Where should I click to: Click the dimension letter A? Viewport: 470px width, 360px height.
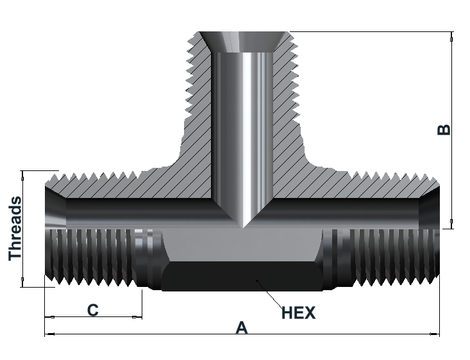click(x=242, y=327)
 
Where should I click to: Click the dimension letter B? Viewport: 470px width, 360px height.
click(x=444, y=129)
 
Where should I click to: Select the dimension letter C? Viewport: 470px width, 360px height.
click(x=92, y=310)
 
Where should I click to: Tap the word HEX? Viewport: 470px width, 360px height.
click(x=299, y=313)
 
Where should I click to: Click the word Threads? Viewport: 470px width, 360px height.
click(x=15, y=229)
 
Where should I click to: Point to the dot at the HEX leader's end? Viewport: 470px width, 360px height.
click(x=257, y=281)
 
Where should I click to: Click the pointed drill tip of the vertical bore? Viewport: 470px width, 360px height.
click(x=243, y=227)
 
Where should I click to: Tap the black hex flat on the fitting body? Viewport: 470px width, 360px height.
click(x=242, y=276)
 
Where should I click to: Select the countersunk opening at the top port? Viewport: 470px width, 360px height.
click(x=242, y=42)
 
